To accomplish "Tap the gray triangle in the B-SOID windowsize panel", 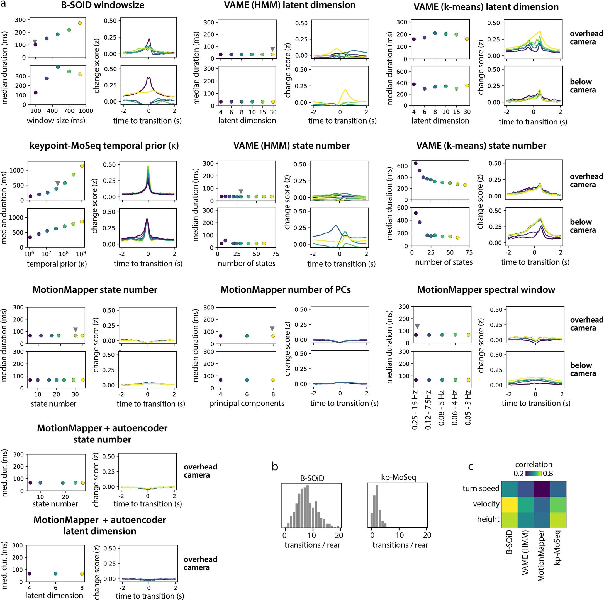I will click(x=35, y=42).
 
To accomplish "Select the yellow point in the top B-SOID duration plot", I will click(x=80, y=23).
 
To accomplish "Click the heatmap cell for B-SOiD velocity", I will click(x=510, y=504).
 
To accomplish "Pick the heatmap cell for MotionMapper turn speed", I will click(x=542, y=488).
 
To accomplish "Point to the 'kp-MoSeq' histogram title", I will click(x=398, y=477).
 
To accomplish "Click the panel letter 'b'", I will click(x=275, y=466).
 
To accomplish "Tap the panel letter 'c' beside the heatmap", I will click(x=471, y=466).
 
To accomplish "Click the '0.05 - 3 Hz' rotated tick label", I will click(x=468, y=409).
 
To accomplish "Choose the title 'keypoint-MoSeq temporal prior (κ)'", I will click(x=104, y=146).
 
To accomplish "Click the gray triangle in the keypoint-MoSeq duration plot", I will click(x=57, y=183).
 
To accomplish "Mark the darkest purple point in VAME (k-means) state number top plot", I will click(x=415, y=163).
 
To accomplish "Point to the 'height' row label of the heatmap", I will click(x=488, y=519).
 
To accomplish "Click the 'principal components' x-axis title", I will click(x=247, y=403).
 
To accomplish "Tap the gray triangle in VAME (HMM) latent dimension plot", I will click(x=273, y=49).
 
